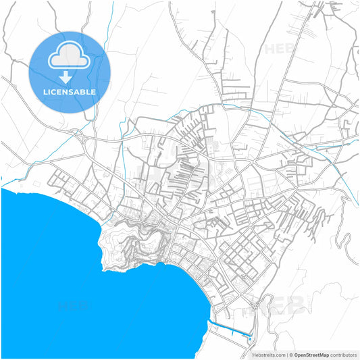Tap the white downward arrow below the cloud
(x=70, y=76)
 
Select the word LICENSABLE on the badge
(x=70, y=91)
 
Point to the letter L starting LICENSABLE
(x=45, y=91)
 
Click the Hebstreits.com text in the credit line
(x=267, y=354)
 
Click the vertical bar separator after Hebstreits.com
(x=286, y=354)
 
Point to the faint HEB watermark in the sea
(x=74, y=305)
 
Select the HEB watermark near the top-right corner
(x=278, y=49)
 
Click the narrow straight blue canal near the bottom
(x=230, y=329)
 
